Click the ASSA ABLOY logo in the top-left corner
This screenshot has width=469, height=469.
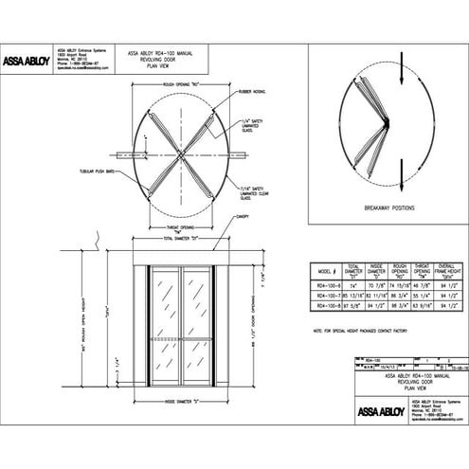point(26,61)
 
